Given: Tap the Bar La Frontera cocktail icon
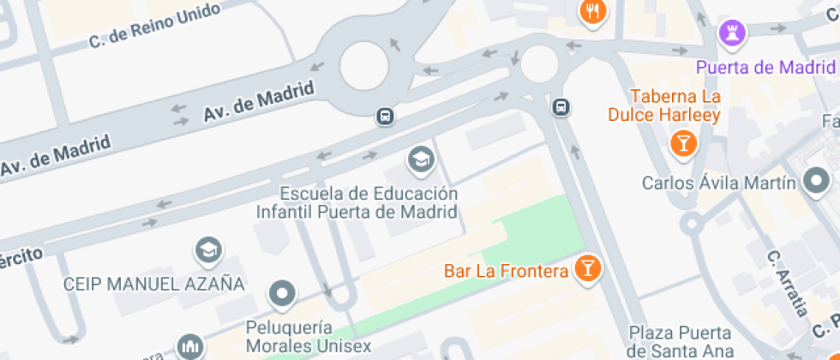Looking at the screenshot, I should (588, 268).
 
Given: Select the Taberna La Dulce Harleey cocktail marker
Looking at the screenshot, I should (683, 142).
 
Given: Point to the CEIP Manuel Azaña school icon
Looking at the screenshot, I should (208, 251).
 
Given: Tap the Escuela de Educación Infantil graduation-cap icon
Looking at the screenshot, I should (420, 159).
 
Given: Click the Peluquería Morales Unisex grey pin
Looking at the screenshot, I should (281, 295).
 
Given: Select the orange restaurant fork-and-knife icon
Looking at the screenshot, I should (593, 12).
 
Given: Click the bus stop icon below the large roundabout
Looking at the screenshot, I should (386, 116).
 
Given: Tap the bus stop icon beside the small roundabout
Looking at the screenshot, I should (561, 107).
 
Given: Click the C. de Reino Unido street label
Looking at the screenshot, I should (155, 27).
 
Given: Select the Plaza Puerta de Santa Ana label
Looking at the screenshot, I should (680, 341).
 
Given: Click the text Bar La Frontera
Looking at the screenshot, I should (507, 272).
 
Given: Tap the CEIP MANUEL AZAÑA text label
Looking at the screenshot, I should (154, 283).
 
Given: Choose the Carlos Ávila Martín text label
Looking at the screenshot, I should (719, 183).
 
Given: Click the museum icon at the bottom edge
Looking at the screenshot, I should (190, 348).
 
